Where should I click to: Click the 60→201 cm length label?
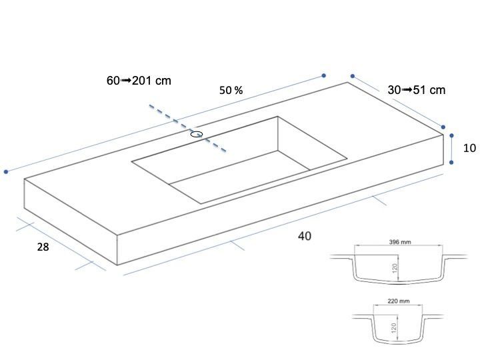139,81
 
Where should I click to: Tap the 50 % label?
231,90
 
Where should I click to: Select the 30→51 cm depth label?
416,90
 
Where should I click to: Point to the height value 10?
469,148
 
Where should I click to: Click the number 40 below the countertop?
305,236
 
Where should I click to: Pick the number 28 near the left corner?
43,247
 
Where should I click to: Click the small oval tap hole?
197,134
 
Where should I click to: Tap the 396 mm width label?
400,242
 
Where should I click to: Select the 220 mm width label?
399,301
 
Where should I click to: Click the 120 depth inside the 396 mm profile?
395,269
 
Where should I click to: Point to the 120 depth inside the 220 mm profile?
394,328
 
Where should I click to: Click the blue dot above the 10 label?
451,135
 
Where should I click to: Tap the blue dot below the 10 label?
451,162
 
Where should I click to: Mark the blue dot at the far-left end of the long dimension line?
6,172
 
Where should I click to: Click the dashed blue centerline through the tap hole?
187,128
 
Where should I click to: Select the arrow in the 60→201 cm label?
126,81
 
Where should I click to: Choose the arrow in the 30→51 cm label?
407,90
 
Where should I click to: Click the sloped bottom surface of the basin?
239,177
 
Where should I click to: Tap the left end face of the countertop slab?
71,221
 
